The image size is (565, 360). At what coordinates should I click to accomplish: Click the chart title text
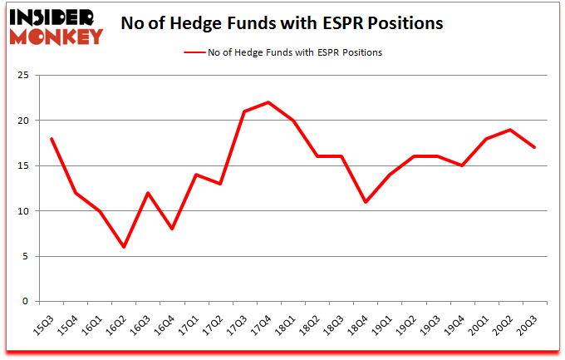281,23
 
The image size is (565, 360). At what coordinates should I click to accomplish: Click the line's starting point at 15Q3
52,139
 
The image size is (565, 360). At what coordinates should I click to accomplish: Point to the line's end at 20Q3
534,147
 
